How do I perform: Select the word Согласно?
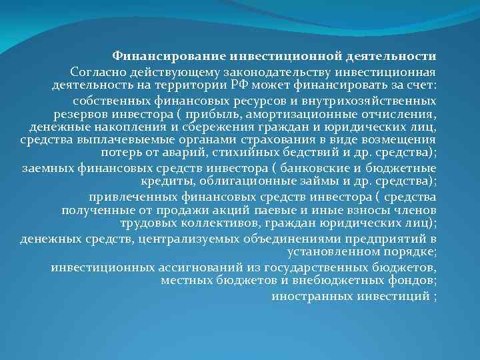(x=97, y=71)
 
